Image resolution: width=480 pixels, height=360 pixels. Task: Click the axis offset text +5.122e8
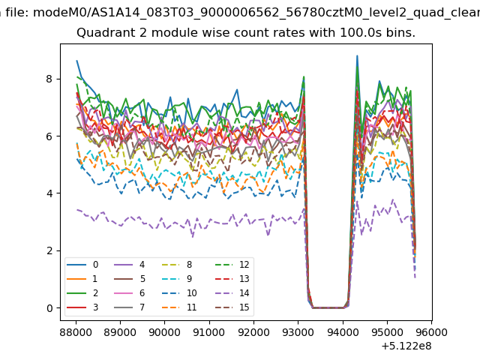point(407,346)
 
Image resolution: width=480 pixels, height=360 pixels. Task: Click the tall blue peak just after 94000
point(357,56)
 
